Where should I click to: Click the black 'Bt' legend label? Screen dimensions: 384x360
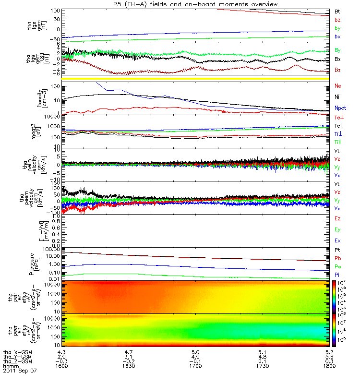point(337,11)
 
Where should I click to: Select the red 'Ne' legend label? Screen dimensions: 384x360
point(338,86)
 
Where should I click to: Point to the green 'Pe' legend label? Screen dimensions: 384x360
point(337,266)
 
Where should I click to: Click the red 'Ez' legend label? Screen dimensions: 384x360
point(337,218)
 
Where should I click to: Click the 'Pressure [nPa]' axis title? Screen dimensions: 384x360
point(45,263)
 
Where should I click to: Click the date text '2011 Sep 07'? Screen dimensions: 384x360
point(19,371)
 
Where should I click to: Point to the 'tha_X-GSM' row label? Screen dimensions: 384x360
point(16,351)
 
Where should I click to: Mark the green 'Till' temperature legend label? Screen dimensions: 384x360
point(338,142)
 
